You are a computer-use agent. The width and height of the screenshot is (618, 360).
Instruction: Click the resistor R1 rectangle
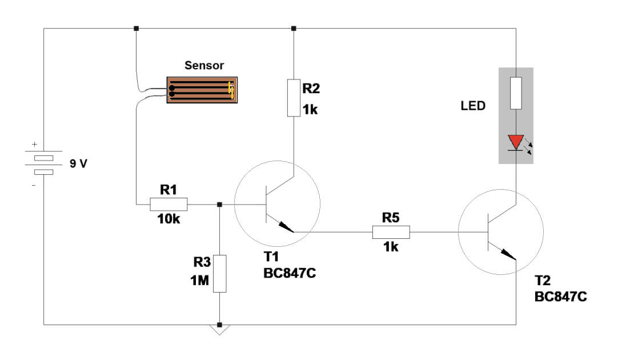(x=168, y=204)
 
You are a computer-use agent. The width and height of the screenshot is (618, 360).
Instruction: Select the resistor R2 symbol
(x=294, y=98)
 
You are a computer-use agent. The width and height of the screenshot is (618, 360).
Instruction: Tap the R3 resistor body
(x=219, y=274)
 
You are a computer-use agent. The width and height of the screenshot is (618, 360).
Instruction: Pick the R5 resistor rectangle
(x=391, y=231)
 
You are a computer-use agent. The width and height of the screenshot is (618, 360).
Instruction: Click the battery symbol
(x=44, y=164)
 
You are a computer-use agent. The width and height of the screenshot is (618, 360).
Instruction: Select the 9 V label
(x=78, y=164)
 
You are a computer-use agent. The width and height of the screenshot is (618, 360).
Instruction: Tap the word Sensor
(x=204, y=66)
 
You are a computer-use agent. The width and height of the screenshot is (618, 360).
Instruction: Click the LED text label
(x=473, y=106)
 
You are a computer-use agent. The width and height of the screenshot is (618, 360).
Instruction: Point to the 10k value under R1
(x=168, y=219)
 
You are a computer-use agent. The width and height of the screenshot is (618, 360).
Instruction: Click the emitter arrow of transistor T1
(x=285, y=227)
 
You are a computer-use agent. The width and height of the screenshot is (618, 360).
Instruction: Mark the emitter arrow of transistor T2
(x=508, y=254)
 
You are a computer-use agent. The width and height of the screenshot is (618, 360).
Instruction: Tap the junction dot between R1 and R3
(x=219, y=204)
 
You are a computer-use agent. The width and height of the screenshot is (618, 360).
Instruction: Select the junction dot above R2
(x=294, y=28)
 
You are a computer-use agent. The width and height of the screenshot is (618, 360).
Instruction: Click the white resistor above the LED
(x=516, y=93)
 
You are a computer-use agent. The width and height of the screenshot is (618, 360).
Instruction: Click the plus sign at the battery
(x=34, y=145)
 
